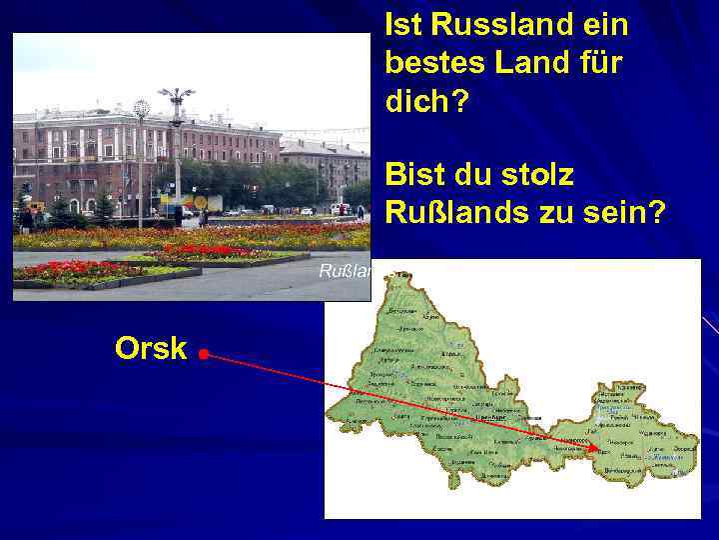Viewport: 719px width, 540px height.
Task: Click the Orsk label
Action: pos(150,348)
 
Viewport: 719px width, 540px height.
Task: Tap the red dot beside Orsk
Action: pos(203,354)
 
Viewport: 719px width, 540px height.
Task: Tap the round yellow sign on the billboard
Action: pos(200,201)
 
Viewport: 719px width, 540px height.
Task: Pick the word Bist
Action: pos(414,175)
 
